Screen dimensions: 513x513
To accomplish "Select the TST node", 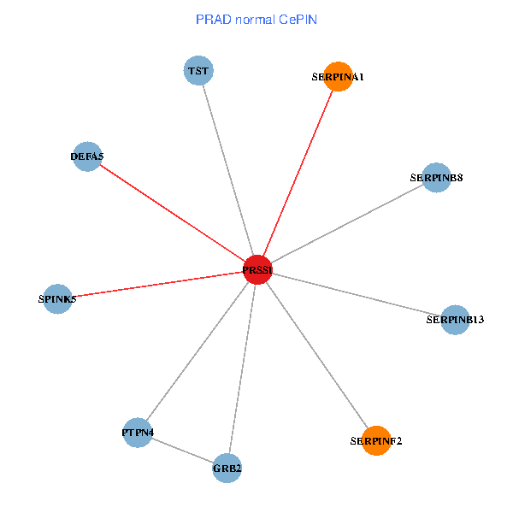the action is [x=198, y=70].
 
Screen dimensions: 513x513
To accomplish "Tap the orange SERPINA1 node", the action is [x=339, y=76].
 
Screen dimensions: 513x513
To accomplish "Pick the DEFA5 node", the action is [x=87, y=156].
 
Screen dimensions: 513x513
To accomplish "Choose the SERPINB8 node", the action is [x=436, y=177].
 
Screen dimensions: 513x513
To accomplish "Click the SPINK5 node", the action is [x=57, y=298].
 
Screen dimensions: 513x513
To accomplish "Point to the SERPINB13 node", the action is [x=455, y=320].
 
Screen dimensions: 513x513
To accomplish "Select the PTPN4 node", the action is [x=138, y=433].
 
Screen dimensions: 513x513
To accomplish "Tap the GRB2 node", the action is [x=227, y=468].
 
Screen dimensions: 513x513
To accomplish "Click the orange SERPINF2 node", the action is [x=375, y=440].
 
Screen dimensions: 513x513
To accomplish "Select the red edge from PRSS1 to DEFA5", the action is [x=172, y=213].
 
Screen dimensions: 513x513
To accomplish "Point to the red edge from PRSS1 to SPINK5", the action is [x=157, y=284].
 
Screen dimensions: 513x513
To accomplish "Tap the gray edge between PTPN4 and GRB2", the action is [x=182, y=451].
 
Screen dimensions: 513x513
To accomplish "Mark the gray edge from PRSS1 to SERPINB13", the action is [x=356, y=294].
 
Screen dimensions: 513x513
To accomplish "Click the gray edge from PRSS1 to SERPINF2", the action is [x=316, y=355].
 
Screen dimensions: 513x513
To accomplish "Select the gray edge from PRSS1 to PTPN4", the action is [x=198, y=351].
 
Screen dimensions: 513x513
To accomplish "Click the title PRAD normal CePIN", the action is [x=256, y=19].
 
